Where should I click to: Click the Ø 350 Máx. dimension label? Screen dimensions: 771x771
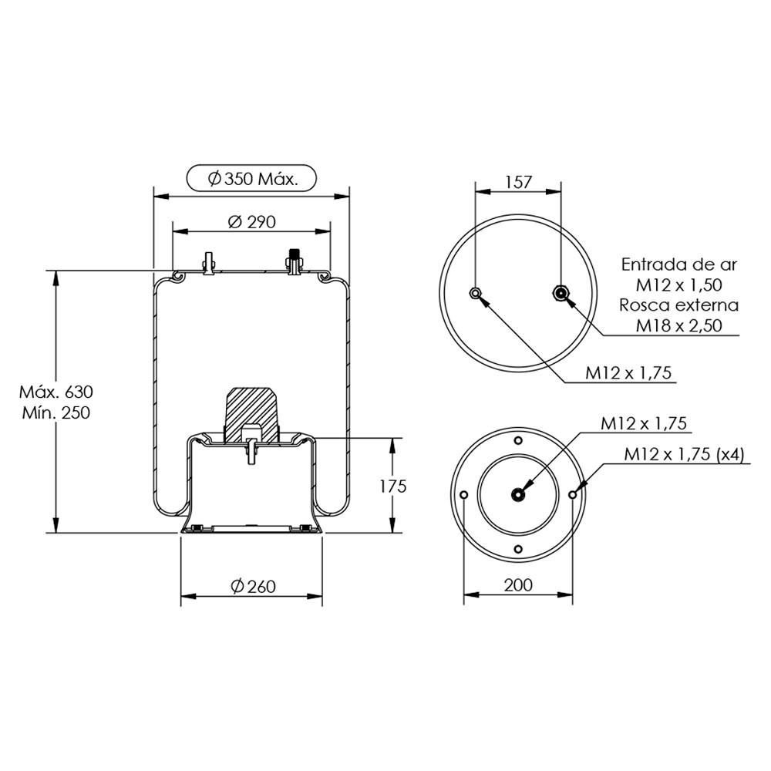(252, 180)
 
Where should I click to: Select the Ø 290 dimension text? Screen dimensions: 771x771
(252, 222)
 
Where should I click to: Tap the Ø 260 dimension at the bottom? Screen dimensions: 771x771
(252, 587)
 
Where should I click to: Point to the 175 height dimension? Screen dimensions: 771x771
(392, 486)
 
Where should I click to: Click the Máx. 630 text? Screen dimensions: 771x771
(55, 392)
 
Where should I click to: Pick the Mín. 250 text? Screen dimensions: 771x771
(55, 412)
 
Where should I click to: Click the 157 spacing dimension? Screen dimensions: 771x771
(518, 182)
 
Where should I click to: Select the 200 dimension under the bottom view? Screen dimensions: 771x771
(518, 585)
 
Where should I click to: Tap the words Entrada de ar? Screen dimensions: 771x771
(679, 264)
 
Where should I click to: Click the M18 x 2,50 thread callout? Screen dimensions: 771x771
(679, 325)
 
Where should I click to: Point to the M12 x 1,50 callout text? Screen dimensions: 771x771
(679, 284)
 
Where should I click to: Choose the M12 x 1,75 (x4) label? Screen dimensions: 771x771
(684, 454)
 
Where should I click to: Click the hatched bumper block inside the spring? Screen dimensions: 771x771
(251, 407)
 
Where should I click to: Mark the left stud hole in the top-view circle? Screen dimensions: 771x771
(476, 292)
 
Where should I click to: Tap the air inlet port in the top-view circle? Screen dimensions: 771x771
(561, 292)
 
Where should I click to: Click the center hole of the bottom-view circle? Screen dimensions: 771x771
(518, 494)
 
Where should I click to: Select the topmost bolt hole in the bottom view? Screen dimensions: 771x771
(518, 440)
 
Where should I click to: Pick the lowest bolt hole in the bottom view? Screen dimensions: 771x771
(518, 549)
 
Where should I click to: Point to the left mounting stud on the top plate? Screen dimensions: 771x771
(207, 263)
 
